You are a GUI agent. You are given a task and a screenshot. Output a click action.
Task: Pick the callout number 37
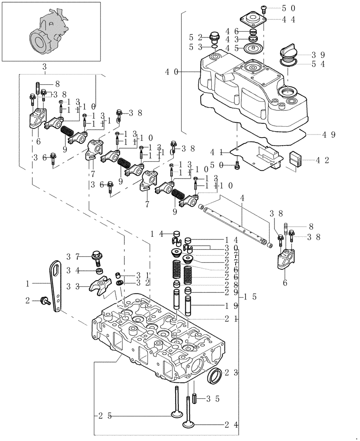[73, 256]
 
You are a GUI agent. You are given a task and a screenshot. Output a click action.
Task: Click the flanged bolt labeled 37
[96, 255]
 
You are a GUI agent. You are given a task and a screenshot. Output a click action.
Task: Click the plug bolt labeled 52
[215, 37]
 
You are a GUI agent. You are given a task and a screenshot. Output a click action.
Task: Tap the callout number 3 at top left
[45, 67]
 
